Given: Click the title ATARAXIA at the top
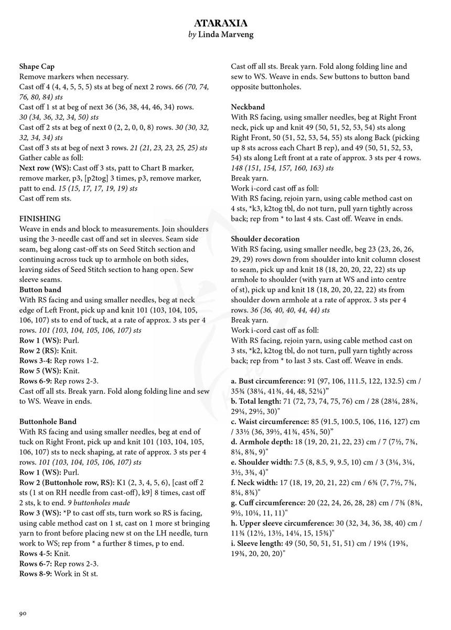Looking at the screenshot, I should point(225,24).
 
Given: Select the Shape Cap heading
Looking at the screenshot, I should point(37,67).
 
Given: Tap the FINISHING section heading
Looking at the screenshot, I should point(40,218).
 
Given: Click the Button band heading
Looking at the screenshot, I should point(40,289).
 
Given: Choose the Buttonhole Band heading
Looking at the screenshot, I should point(48,421).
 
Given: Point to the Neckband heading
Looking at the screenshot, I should point(248,107).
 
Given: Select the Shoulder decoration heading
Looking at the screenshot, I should point(265,239).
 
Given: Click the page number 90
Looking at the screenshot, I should point(23,613).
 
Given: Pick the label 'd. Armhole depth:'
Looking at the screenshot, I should point(262,452).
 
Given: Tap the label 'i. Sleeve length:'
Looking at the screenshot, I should point(260,543).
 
